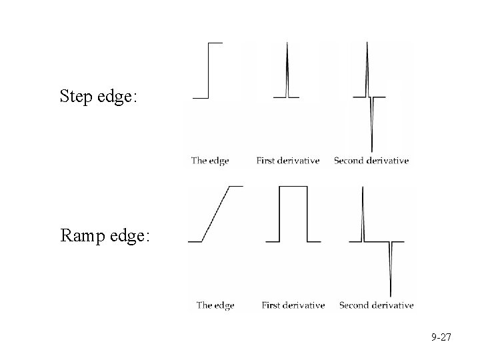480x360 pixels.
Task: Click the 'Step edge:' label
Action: [99, 96]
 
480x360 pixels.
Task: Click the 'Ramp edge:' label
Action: [105, 236]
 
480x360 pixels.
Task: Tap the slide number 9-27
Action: [441, 338]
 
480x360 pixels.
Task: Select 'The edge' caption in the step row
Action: [210, 161]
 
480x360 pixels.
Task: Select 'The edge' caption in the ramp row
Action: [215, 305]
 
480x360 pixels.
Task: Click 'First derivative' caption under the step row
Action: [287, 161]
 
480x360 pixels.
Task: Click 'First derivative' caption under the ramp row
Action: [293, 305]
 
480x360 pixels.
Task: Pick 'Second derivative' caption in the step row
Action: [371, 161]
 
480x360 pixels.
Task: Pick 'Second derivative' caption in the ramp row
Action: [376, 305]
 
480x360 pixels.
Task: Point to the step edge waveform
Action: [209, 70]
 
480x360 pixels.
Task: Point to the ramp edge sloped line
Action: [217, 213]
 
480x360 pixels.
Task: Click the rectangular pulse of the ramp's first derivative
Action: [293, 213]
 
